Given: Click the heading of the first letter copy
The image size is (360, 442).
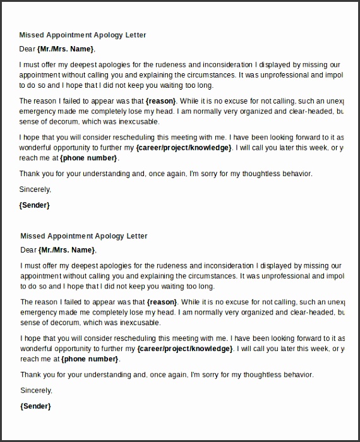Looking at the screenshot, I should (x=83, y=35).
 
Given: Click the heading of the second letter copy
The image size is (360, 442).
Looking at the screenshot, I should (x=83, y=236).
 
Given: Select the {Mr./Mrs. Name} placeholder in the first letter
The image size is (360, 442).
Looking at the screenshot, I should (x=66, y=49).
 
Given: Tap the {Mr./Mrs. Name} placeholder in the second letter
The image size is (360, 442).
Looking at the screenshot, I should (x=66, y=249).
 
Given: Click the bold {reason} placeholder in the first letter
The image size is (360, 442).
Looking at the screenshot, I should (x=162, y=101).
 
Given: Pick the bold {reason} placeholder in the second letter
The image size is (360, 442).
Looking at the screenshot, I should (x=162, y=302).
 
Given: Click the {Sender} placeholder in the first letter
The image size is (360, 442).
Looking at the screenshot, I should (x=35, y=205).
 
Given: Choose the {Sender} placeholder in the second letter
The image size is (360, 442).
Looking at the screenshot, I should (x=35, y=406).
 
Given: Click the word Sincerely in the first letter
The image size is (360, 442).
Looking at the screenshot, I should (x=35, y=189).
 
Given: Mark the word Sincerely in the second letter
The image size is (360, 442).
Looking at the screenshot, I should (x=35, y=390).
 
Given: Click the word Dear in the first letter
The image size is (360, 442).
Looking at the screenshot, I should (x=28, y=49).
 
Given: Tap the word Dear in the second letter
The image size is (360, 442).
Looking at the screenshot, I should (x=28, y=249).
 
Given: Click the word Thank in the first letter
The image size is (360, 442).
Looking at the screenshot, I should (x=30, y=174).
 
